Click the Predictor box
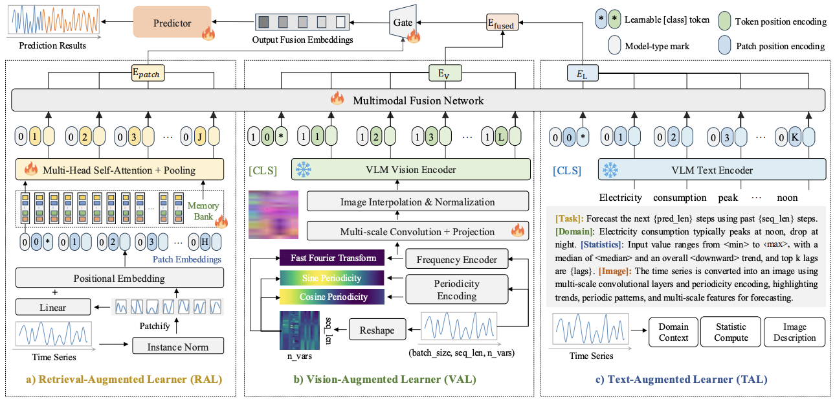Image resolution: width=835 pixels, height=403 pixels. coord(172,22)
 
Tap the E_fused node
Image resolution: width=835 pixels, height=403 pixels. coord(502,23)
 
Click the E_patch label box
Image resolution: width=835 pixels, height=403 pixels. coord(148,73)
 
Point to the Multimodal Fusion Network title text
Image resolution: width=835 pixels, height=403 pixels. coord(418,100)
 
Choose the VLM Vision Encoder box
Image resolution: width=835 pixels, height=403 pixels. coord(411,169)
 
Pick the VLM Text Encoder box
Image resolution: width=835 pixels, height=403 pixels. coord(712,170)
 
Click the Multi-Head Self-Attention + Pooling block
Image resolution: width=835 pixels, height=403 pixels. coord(120,169)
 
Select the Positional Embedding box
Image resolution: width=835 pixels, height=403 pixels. coord(120,278)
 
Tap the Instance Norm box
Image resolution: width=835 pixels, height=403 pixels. coord(178,346)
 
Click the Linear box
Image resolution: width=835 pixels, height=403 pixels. coord(53,307)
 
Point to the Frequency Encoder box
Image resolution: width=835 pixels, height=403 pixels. coord(456,259)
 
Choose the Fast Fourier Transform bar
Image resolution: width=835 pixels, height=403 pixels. coord(332,257)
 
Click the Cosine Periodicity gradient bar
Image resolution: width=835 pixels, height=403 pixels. coord(332,297)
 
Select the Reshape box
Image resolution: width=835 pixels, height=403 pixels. coord(377,330)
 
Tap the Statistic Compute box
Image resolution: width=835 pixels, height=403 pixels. coord(731,332)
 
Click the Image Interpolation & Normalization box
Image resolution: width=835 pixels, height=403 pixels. coord(417,201)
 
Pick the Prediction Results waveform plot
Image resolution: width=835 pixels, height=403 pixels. coord(54,21)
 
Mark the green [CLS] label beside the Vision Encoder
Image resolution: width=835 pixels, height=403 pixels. coord(263,170)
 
